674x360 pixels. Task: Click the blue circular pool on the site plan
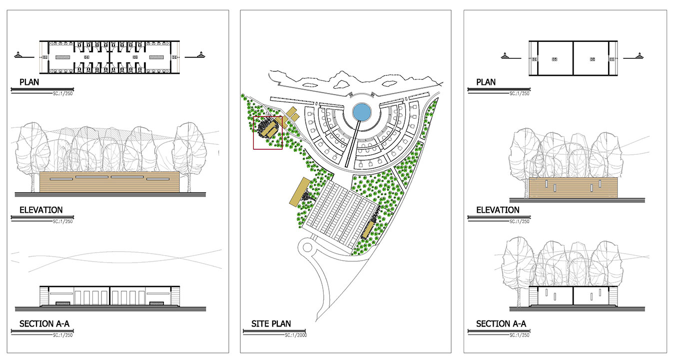tap(361, 112)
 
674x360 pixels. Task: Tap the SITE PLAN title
tap(271, 324)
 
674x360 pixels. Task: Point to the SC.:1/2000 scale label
tap(295, 335)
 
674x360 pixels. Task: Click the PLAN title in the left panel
tap(29, 82)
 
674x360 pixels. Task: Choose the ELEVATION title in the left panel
tap(41, 210)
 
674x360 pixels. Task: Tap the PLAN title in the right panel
tap(486, 82)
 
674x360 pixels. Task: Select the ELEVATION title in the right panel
tap(498, 210)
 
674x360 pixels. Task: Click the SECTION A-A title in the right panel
tap(501, 324)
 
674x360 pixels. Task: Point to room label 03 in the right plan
tap(555, 59)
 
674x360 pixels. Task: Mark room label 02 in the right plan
tap(592, 59)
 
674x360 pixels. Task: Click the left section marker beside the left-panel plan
tap(18, 55)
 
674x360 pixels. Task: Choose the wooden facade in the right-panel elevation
tap(573, 188)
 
